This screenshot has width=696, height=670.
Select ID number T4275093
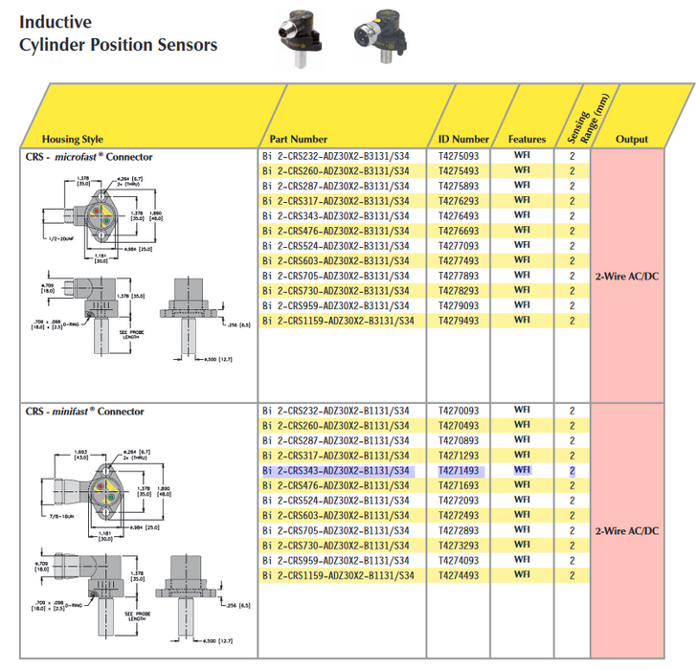point(459,156)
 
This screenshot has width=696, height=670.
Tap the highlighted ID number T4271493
point(459,471)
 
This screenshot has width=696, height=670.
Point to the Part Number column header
point(298,140)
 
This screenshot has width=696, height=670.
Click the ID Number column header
point(463,140)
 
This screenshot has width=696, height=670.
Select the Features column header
point(527,140)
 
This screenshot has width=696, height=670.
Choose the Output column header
point(631,140)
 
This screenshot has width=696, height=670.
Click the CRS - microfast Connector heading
point(88,156)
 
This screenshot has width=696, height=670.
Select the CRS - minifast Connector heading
point(84,412)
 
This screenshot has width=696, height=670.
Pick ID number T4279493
point(459,321)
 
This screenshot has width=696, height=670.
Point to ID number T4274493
point(459,575)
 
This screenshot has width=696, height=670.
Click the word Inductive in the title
point(56,20)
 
